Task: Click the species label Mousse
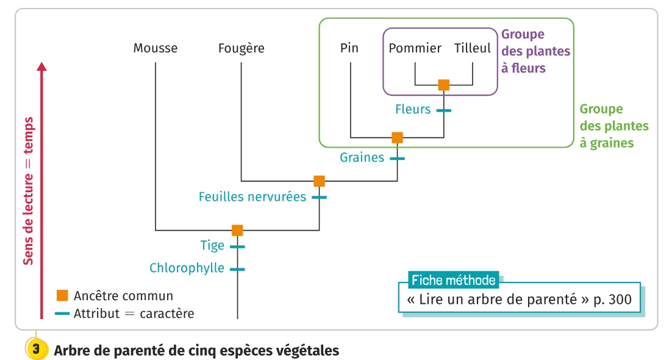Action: click(x=155, y=48)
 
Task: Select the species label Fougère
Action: click(x=241, y=48)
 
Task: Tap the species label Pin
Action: click(x=349, y=48)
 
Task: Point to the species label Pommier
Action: click(x=415, y=48)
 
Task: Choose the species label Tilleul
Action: click(x=473, y=48)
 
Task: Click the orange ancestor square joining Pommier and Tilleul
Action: click(x=444, y=85)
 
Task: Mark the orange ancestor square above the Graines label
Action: click(x=398, y=137)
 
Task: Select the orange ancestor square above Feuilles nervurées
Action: click(x=319, y=181)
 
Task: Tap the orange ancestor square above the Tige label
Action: click(x=237, y=230)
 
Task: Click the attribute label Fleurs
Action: click(x=413, y=110)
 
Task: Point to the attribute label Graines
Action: click(x=362, y=157)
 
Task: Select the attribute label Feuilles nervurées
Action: click(x=252, y=197)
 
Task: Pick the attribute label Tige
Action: click(x=212, y=245)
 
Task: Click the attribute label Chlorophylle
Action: click(x=187, y=268)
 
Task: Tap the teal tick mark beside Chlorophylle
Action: click(x=237, y=268)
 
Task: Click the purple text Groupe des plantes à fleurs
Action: click(x=535, y=51)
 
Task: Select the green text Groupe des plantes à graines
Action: click(x=613, y=126)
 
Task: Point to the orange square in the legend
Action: click(x=62, y=295)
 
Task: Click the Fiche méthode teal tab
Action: click(x=453, y=280)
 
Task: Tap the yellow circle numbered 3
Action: click(x=36, y=350)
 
